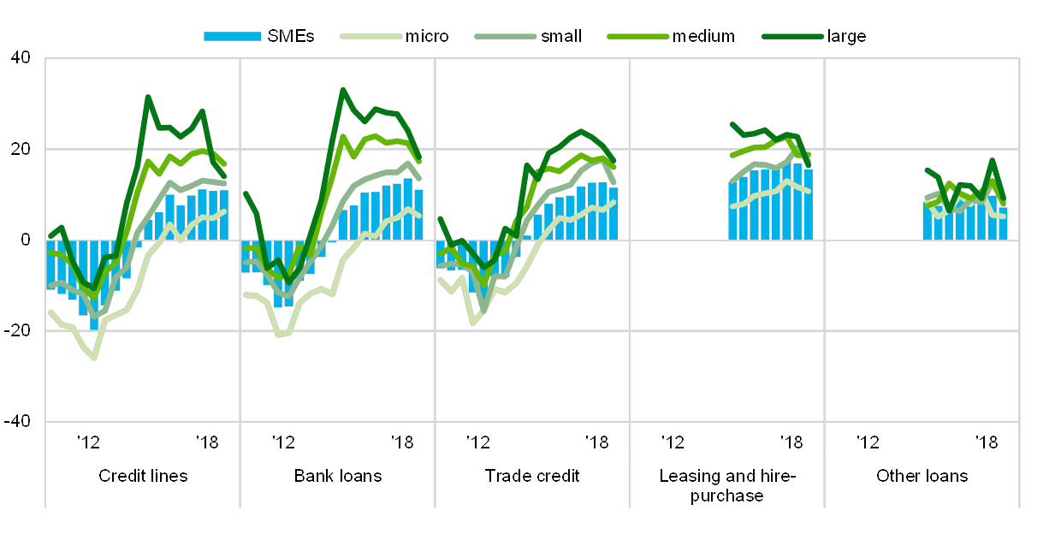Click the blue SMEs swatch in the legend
tap(232, 37)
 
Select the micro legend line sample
tap(370, 37)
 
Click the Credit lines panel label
tap(143, 476)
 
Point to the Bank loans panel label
tap(338, 476)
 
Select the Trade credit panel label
tap(533, 476)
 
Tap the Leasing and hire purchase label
tap(727, 484)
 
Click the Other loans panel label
tap(922, 476)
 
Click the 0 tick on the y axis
tap(25, 240)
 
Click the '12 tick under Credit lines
tap(87, 442)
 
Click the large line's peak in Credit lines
tap(147, 97)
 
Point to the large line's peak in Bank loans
tap(342, 88)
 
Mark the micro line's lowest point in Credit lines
tap(94, 358)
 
